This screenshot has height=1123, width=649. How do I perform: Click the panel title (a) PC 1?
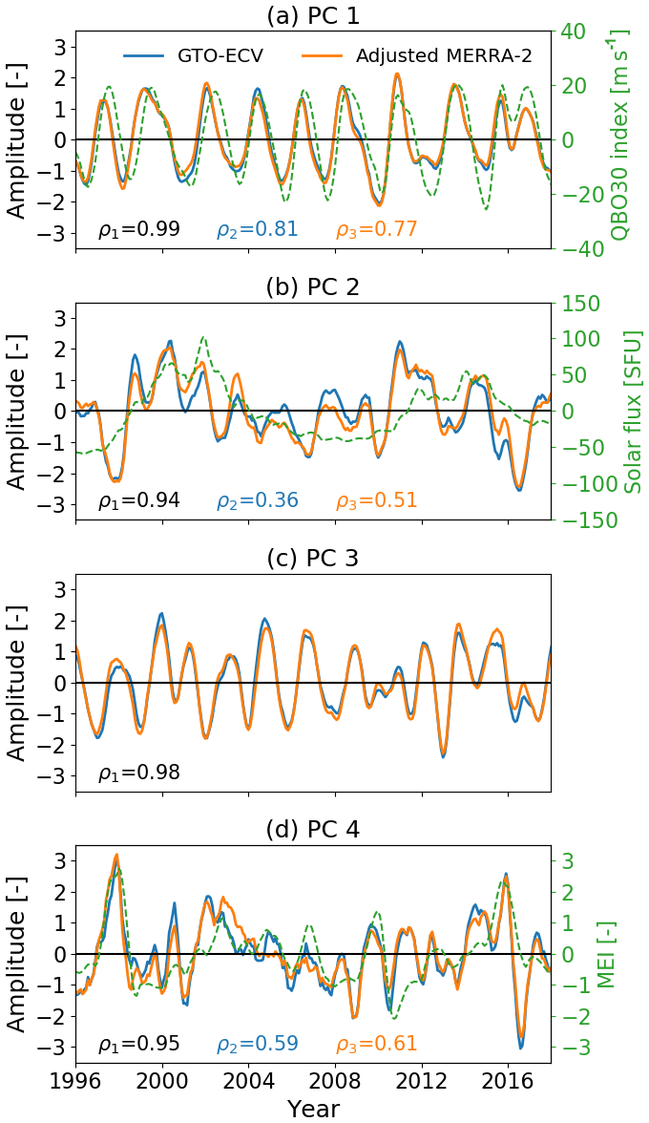click(x=313, y=14)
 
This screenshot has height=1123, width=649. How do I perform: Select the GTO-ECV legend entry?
click(x=220, y=55)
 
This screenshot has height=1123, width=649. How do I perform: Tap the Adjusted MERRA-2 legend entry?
click(x=443, y=55)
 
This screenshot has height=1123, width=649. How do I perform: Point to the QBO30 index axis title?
click(x=627, y=140)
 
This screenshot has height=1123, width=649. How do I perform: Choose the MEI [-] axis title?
click(x=604, y=954)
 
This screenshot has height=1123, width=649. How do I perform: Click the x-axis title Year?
click(x=313, y=1108)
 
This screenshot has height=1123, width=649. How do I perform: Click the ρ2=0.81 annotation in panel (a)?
click(x=257, y=229)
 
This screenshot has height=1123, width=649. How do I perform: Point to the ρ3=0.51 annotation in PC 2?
click(x=376, y=500)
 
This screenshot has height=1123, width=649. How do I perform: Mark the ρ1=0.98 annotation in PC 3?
click(x=138, y=773)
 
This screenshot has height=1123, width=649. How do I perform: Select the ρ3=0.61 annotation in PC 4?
click(x=376, y=1045)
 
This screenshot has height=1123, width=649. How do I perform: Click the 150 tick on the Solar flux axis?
click(x=582, y=304)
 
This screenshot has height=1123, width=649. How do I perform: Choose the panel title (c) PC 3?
click(x=313, y=559)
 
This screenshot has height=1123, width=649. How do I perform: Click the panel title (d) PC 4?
click(x=313, y=830)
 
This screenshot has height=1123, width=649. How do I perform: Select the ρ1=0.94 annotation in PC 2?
click(x=138, y=500)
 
